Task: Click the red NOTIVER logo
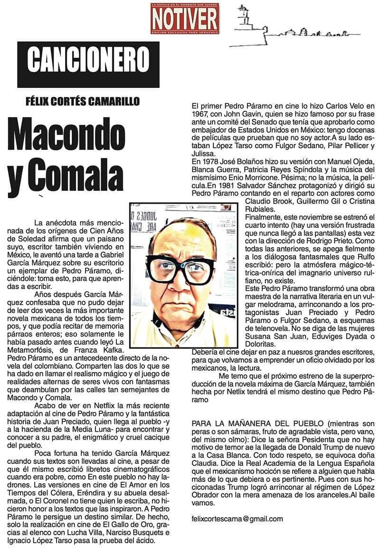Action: coord(185,19)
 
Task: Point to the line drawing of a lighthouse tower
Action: coord(243,19)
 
